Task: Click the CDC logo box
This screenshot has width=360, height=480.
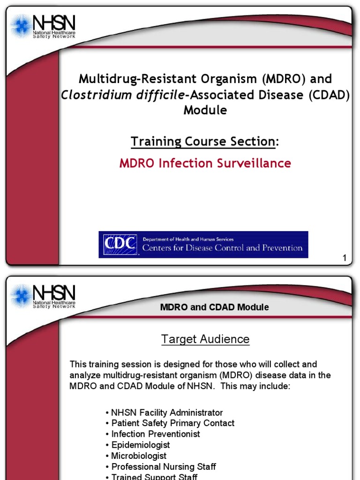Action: (120, 245)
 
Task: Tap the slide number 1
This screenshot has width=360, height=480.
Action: (345, 258)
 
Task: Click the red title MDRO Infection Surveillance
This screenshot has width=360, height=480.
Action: (205, 163)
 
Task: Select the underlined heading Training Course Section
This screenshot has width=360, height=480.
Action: (202, 141)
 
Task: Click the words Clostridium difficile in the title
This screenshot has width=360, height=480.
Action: (123, 95)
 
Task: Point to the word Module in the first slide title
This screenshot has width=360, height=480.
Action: (205, 110)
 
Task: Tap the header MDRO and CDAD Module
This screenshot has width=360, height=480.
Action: (215, 307)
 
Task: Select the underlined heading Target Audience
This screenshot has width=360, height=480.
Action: (205, 339)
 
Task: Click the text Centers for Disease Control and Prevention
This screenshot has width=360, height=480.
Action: (222, 248)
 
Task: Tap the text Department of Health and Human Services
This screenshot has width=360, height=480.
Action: (188, 240)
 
